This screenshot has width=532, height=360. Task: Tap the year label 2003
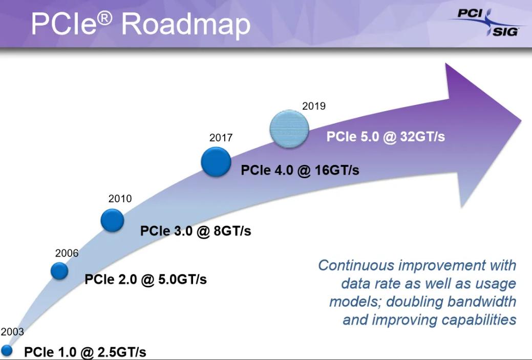[12, 332]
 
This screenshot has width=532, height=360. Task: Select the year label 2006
[67, 252]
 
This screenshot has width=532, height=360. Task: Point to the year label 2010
[120, 199]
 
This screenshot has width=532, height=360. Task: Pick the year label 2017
[221, 138]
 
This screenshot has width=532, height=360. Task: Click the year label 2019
[313, 107]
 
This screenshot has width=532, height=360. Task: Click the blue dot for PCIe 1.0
[7, 350]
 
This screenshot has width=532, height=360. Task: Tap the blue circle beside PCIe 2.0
[59, 271]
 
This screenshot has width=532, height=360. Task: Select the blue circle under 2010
[112, 220]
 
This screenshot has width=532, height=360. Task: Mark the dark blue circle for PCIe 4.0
[216, 162]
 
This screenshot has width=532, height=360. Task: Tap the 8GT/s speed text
[232, 231]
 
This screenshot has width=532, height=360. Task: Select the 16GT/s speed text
[336, 170]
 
